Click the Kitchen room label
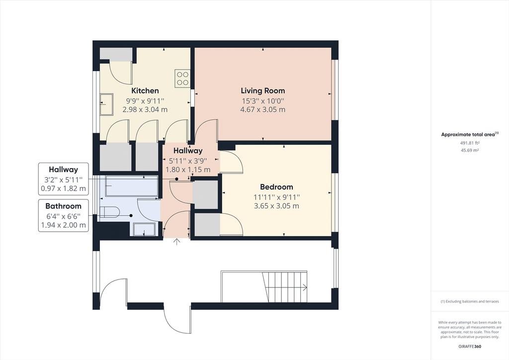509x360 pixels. pos(145,90)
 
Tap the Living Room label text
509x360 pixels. pos(262,90)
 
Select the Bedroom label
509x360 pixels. pos(276,187)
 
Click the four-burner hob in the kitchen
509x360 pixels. pos(182,78)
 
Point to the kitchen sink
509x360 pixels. pos(106,104)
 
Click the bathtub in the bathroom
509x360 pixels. pos(131,186)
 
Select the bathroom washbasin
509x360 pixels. pos(144,230)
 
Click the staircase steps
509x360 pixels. pos(285,286)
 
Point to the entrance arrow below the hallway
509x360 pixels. pos(176,242)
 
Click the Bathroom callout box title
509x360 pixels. pos(63,206)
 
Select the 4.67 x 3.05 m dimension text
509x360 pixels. pos(262,110)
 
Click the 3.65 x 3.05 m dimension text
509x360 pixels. pos(276,206)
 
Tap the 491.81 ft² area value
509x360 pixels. pos(470,143)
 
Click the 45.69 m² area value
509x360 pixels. pos(470,150)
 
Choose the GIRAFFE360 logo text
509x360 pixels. pos(470,347)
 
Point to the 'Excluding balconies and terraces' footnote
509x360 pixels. pos(470,301)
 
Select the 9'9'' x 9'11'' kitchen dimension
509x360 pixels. pos(145,101)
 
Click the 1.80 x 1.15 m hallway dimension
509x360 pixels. pos(188,170)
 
